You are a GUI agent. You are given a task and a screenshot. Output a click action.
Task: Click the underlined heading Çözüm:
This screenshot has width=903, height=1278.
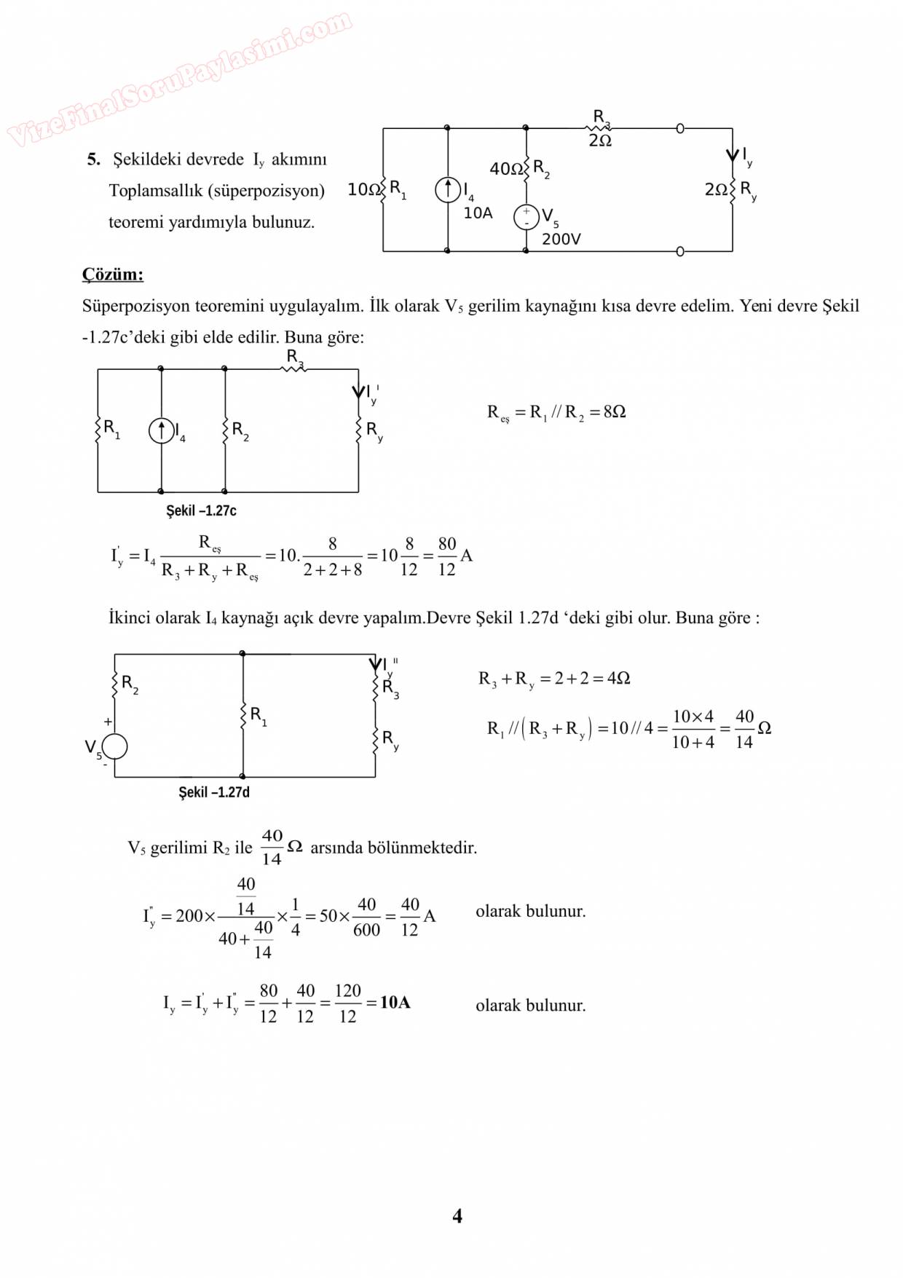point(113,275)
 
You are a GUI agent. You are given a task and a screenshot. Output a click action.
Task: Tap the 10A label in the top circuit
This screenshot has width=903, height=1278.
point(478,213)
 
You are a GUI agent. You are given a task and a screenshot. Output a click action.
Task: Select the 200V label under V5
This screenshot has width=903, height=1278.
point(561,239)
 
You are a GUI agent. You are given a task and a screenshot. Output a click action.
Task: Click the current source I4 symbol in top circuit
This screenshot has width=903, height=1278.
point(448,190)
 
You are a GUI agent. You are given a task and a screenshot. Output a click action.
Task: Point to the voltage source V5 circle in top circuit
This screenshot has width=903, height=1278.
point(526,217)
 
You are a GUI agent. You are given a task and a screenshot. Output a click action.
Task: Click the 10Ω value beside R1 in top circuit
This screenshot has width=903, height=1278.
point(363,190)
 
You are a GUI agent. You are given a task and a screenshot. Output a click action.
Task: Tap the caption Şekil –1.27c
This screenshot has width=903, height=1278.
point(201,510)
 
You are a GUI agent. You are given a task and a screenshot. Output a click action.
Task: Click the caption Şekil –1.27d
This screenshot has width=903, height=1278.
point(214,792)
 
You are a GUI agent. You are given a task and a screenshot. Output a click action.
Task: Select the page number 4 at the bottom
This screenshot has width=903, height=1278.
point(457,1215)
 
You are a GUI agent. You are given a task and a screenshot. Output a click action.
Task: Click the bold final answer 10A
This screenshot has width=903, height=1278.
point(395,1003)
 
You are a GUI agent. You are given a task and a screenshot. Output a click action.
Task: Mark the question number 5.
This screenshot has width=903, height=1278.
point(93,159)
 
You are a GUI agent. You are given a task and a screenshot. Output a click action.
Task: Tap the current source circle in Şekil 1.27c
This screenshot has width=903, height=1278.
point(161,431)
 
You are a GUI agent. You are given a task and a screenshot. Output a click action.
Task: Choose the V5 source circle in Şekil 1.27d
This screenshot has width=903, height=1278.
point(115,746)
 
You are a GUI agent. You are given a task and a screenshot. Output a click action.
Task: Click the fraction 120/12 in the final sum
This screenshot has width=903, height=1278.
point(347,1003)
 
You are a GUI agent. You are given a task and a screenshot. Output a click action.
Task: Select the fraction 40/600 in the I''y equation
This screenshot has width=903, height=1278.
point(366,917)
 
